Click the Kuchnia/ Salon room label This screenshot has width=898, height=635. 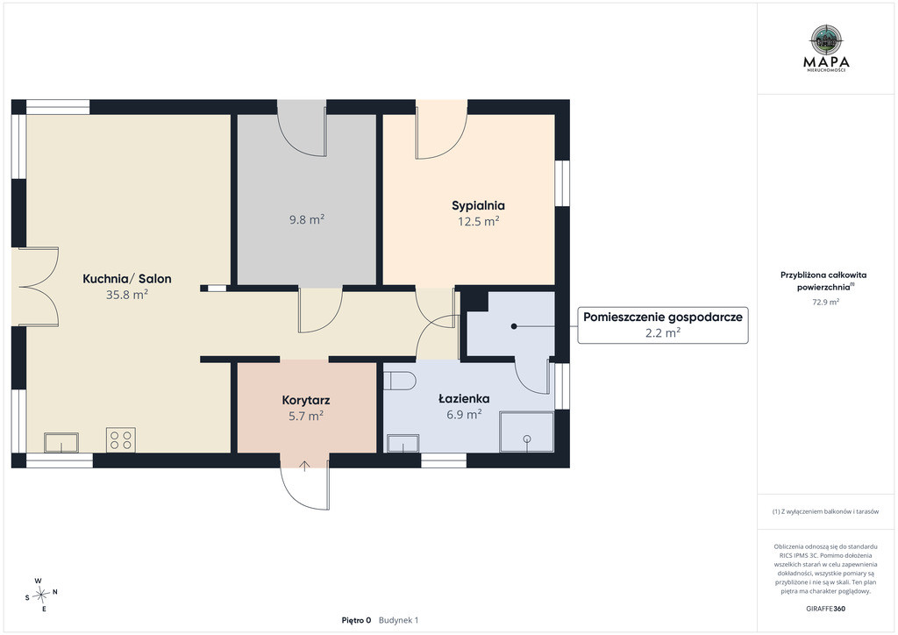tap(127, 279)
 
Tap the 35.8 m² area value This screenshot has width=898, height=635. tap(127, 295)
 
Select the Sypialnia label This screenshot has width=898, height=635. tap(478, 206)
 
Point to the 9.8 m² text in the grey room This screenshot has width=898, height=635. tap(307, 219)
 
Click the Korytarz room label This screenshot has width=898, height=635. tap(306, 400)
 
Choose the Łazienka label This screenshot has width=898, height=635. tap(464, 398)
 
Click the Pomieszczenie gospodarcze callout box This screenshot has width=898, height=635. tap(663, 325)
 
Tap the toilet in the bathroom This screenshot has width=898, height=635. tap(399, 380)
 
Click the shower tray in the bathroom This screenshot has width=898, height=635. tap(527, 432)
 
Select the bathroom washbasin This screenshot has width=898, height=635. tap(403, 443)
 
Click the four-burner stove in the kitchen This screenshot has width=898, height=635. tap(121, 439)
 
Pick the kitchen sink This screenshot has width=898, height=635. tap(61, 443)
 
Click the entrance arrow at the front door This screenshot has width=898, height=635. tap(304, 466)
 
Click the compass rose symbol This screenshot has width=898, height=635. tap(40, 596)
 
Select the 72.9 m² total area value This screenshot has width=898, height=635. tap(826, 302)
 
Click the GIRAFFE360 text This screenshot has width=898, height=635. tap(825, 609)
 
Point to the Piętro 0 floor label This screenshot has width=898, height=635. tap(356, 620)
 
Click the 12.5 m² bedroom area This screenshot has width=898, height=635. tap(478, 221)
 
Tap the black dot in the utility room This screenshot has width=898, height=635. tap(514, 326)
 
